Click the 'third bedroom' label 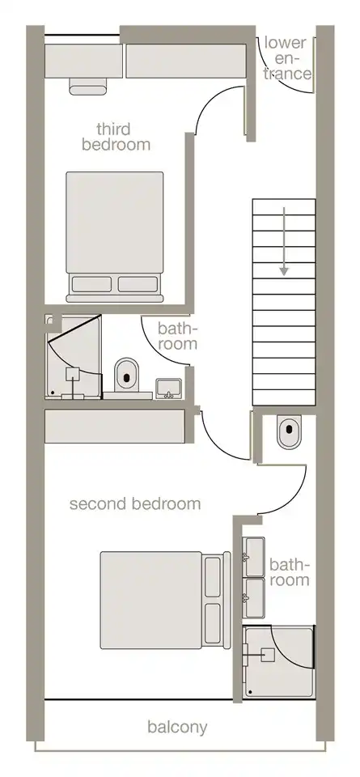coord(116,137)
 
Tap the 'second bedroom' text coord(135,504)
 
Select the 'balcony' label coord(177,728)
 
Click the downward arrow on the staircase coord(284,241)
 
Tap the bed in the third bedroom coord(114,237)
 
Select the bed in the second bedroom coord(165,600)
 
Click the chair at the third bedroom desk coord(88,87)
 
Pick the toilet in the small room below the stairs coord(289,432)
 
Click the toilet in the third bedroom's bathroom coord(126,375)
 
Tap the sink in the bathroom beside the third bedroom coord(168,388)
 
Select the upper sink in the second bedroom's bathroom coord(255,557)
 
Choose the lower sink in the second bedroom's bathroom coord(255,599)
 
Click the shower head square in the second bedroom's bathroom coord(268,655)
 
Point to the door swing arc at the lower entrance coord(282,79)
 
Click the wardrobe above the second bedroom coord(115,427)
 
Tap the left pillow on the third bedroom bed coord(91,284)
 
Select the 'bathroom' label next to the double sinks coord(290,572)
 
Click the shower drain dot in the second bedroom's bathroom coord(251,691)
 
